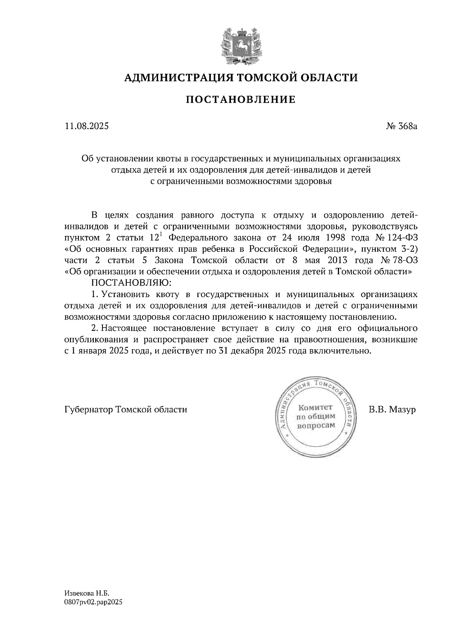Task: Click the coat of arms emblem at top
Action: pyautogui.click(x=240, y=44)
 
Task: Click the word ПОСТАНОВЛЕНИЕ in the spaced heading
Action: pyautogui.click(x=240, y=100)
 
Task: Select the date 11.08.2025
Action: pyautogui.click(x=87, y=126)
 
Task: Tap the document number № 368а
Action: pyautogui.click(x=402, y=126)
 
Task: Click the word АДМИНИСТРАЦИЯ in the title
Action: pyautogui.click(x=174, y=78)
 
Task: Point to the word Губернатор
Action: pyautogui.click(x=88, y=409)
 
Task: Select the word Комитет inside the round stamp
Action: pyautogui.click(x=315, y=408)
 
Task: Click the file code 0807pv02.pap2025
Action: pyautogui.click(x=93, y=602)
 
